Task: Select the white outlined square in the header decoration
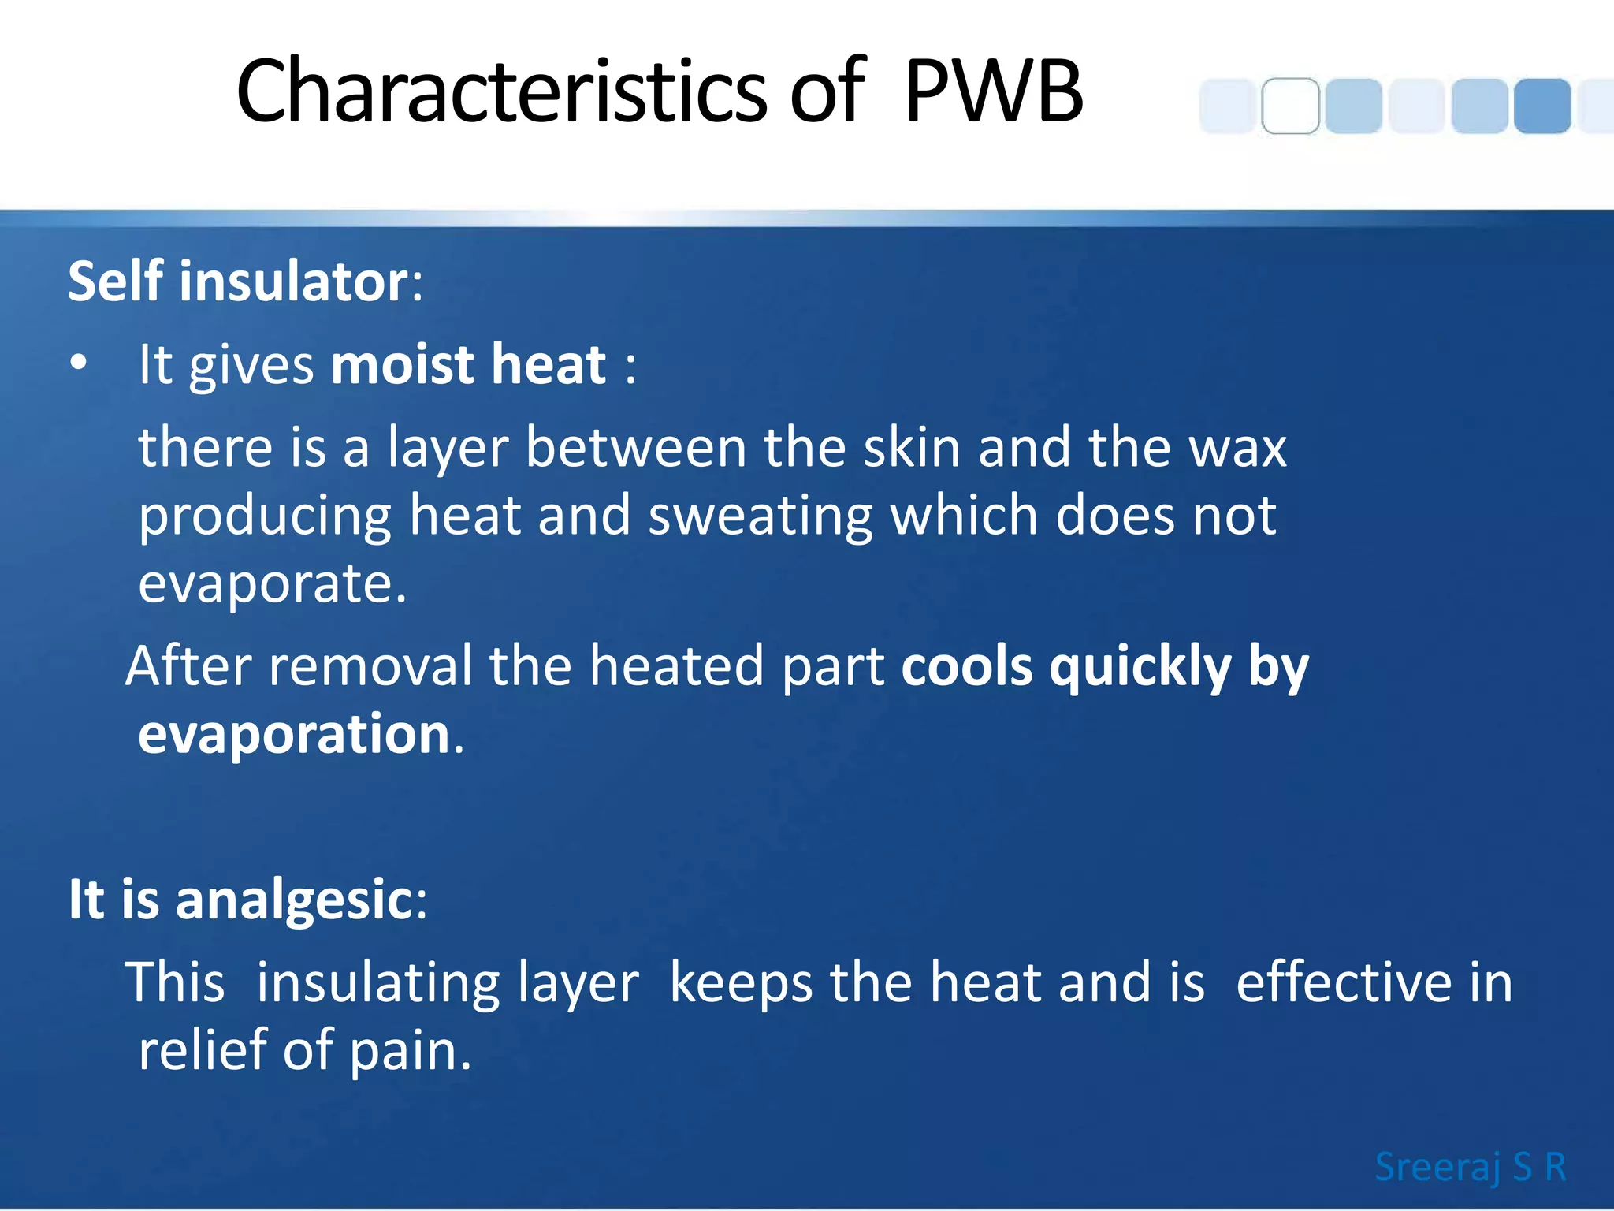click(x=1290, y=106)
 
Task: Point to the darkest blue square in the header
click(x=1542, y=106)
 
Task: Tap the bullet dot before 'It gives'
click(x=78, y=363)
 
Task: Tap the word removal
click(x=370, y=665)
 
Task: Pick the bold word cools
click(x=966, y=665)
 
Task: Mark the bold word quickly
click(x=1140, y=667)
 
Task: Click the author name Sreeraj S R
click(x=1470, y=1166)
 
